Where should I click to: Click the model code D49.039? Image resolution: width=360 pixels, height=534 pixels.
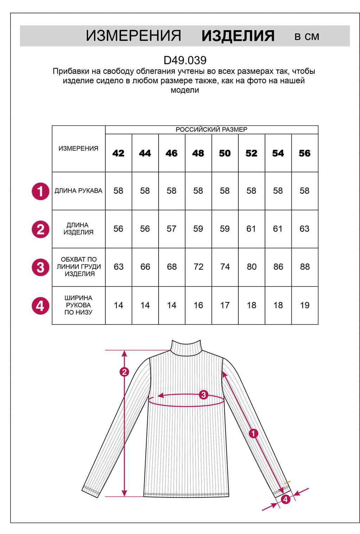pyautogui.click(x=185, y=60)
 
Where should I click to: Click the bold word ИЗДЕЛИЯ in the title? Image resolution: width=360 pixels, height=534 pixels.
pyautogui.click(x=238, y=36)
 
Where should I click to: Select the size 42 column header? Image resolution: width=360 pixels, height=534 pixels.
pyautogui.click(x=118, y=153)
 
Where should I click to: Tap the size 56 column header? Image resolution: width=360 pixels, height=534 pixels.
pyautogui.click(x=304, y=153)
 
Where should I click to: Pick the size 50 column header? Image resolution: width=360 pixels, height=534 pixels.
pyautogui.click(x=225, y=153)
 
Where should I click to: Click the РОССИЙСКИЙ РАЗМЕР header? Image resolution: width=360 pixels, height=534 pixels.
pyautogui.click(x=211, y=129)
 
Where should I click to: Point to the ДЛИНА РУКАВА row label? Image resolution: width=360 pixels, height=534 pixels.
pyautogui.click(x=78, y=191)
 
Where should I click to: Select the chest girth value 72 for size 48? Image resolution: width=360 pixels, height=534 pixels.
pyautogui.click(x=198, y=267)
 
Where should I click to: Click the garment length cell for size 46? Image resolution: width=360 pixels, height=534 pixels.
pyautogui.click(x=172, y=229)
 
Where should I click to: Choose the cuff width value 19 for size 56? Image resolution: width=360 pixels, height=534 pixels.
pyautogui.click(x=304, y=305)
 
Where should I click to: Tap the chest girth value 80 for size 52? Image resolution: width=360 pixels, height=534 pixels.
pyautogui.click(x=251, y=267)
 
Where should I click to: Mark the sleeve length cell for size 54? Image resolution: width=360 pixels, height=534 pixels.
pyautogui.click(x=278, y=191)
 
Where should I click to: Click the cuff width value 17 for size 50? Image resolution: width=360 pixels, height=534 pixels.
pyautogui.click(x=225, y=305)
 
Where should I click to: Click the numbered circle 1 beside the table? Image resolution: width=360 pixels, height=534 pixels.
pyautogui.click(x=40, y=191)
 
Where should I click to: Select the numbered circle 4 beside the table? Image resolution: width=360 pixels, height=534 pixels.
pyautogui.click(x=40, y=305)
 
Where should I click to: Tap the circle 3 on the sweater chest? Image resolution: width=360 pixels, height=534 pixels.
pyautogui.click(x=203, y=395)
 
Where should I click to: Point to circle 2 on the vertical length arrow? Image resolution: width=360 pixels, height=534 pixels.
pyautogui.click(x=124, y=372)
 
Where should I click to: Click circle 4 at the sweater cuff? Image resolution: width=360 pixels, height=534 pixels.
pyautogui.click(x=285, y=499)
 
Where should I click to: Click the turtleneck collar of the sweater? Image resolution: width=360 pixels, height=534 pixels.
pyautogui.click(x=186, y=348)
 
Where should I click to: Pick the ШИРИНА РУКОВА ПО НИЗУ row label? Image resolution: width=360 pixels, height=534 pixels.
pyautogui.click(x=78, y=305)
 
